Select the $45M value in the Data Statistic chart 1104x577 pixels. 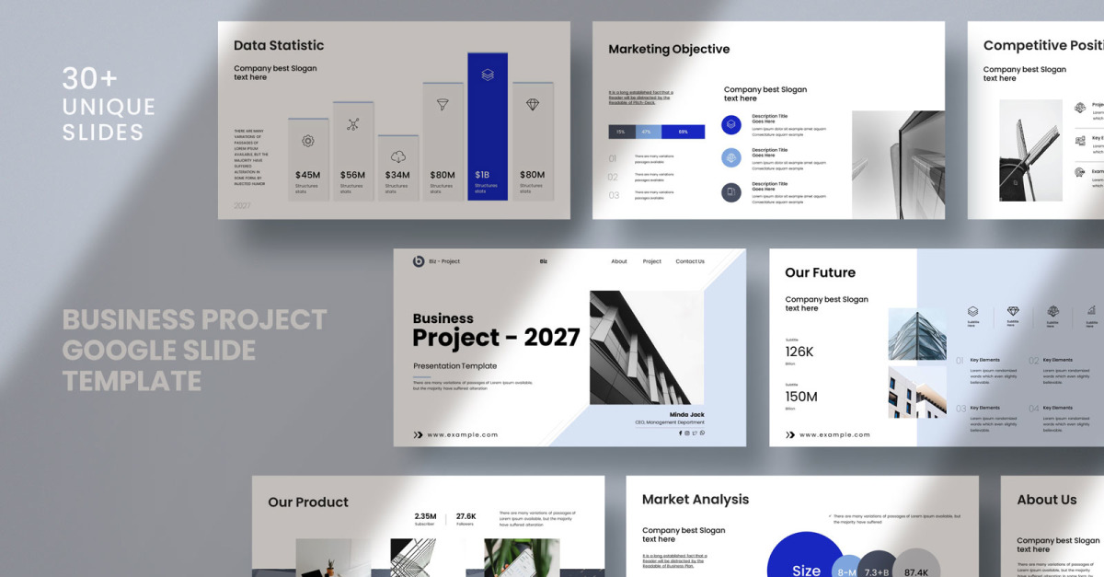click(307, 175)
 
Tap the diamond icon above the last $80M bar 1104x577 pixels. click(533, 105)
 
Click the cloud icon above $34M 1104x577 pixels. click(398, 156)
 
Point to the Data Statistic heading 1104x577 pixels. click(279, 45)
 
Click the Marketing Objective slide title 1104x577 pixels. click(669, 50)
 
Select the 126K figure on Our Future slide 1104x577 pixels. click(799, 352)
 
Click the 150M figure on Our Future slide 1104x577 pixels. click(800, 397)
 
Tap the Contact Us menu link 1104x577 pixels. click(690, 261)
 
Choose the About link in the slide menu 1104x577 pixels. click(619, 261)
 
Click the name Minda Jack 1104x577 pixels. click(686, 415)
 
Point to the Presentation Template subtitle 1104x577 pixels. click(454, 365)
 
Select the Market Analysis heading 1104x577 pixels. click(696, 500)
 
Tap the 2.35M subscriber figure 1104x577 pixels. click(425, 516)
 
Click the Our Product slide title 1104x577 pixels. click(308, 502)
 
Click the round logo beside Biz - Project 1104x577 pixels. click(419, 261)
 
